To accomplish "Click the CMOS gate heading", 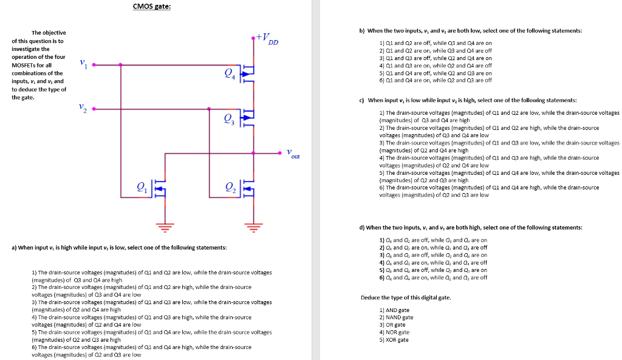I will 152,7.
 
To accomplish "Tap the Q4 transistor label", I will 229,74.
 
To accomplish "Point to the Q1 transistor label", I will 141,188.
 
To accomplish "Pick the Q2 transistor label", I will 229,188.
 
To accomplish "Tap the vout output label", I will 293,154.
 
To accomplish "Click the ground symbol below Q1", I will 162,226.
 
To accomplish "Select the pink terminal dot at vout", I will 279,152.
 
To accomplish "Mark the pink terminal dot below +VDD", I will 253,38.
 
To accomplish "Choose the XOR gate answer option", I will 395,339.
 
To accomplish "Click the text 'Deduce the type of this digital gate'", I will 406,297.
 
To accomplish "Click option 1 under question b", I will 435,43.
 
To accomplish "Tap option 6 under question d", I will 432,277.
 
